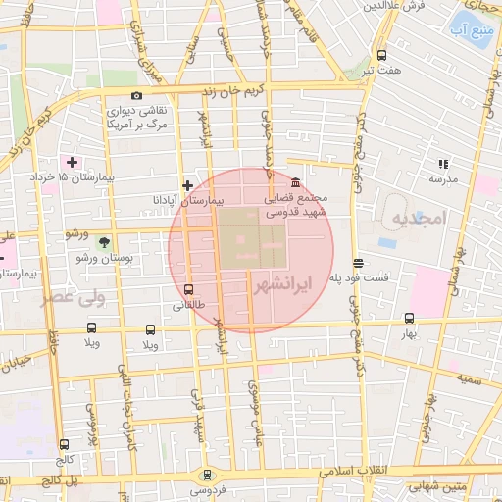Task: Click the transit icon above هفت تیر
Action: click(381, 55)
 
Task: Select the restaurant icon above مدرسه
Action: click(442, 163)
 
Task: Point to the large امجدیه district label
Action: click(417, 216)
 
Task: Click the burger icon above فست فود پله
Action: click(358, 263)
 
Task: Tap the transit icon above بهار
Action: click(409, 318)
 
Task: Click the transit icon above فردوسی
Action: click(205, 474)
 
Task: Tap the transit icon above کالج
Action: click(64, 444)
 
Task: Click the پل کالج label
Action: click(61, 480)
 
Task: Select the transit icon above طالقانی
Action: click(188, 289)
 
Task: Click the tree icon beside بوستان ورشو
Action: click(105, 242)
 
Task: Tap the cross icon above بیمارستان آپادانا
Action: click(187, 184)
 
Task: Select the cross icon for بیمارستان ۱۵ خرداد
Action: click(71, 160)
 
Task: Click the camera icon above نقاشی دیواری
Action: click(136, 95)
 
